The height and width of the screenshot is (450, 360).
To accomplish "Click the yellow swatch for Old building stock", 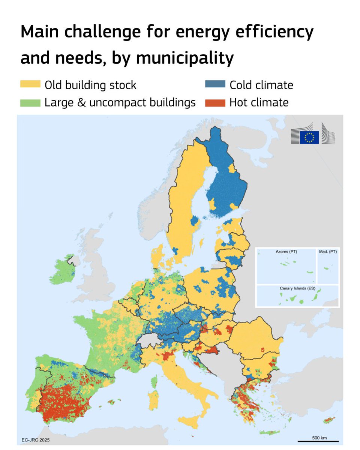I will pyautogui.click(x=30, y=85).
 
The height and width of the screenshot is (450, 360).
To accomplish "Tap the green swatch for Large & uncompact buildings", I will pyautogui.click(x=30, y=102).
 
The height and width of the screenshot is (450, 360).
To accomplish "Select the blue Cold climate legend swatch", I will pyautogui.click(x=215, y=85).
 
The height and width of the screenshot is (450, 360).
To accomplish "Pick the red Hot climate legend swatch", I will pyautogui.click(x=215, y=102).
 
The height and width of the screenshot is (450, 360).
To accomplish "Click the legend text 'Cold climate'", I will pyautogui.click(x=261, y=85).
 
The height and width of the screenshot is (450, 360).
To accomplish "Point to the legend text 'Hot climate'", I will pyautogui.click(x=259, y=102).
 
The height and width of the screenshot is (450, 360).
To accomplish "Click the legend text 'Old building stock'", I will pyautogui.click(x=90, y=85).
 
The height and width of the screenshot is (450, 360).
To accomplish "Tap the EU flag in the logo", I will pyautogui.click(x=309, y=137).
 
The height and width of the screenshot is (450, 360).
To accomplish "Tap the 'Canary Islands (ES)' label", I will pyautogui.click(x=297, y=288).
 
